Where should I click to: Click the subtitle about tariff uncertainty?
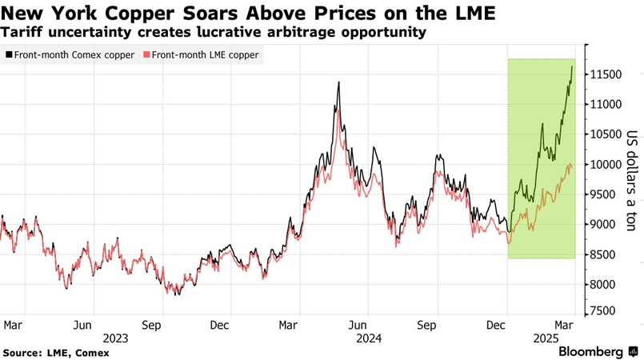(213, 33)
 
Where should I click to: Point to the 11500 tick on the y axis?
(606, 74)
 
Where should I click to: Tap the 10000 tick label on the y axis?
(606, 165)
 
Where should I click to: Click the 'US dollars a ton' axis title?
(631, 181)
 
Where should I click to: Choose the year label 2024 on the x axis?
(369, 338)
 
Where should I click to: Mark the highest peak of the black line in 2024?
(338, 82)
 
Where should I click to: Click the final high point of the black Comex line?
(572, 66)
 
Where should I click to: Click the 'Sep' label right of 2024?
(427, 326)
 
